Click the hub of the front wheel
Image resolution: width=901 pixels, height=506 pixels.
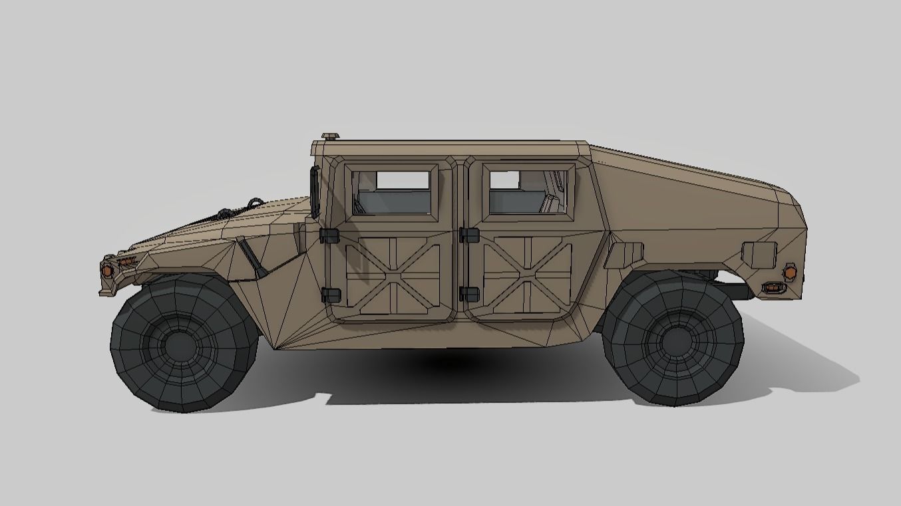point(179,344)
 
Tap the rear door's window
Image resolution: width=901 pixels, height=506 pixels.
point(528,192)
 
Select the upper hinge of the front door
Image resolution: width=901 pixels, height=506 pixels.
point(329,235)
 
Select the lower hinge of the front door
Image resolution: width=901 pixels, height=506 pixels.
point(330,295)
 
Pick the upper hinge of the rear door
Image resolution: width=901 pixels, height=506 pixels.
point(469,235)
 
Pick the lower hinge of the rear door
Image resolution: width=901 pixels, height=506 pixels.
point(469,293)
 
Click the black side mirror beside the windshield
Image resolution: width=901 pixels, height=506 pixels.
point(314,192)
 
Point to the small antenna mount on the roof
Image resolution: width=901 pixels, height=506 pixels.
point(330,136)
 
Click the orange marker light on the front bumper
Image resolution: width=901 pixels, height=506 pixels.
point(106,270)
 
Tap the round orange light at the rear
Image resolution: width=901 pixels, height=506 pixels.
point(790,272)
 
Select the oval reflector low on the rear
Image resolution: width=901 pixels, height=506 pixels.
point(773,288)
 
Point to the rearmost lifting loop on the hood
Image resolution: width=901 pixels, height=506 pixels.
point(255,201)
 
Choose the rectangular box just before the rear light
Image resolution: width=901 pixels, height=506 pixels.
point(759,255)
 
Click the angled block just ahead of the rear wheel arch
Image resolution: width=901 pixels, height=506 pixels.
point(626,254)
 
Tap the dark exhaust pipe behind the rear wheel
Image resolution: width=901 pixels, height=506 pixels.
point(735,291)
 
